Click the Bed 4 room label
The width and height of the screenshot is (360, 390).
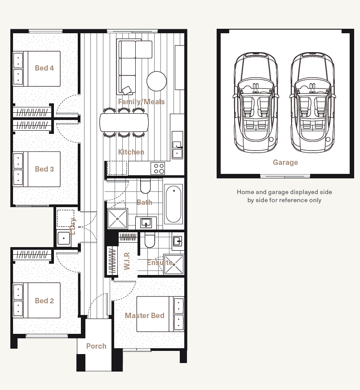44,68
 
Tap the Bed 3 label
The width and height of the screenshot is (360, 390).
44,169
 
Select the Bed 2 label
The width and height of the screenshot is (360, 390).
44,301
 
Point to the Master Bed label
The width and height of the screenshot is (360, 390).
145,315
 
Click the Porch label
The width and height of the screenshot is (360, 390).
96,346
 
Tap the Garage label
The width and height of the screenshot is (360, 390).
285,162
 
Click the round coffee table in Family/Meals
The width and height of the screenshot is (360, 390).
156,81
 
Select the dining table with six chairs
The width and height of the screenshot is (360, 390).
124,122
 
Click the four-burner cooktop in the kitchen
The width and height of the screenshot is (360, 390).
158,168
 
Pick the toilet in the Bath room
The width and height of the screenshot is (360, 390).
145,186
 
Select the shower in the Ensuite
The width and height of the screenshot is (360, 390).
173,264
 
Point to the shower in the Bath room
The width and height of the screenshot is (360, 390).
117,219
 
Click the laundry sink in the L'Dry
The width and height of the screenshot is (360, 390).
64,238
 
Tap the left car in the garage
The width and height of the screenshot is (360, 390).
256,102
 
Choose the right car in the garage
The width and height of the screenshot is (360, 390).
312,102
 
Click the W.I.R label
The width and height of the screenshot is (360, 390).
127,261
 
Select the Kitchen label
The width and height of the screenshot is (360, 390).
131,152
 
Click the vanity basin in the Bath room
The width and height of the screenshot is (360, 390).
146,223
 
